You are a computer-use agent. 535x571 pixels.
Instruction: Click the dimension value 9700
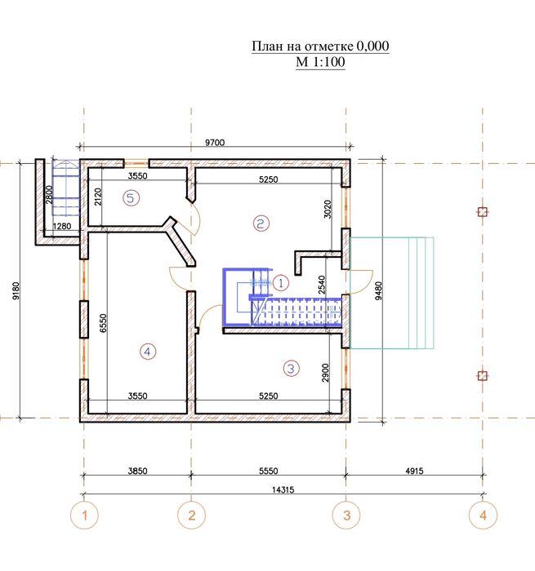tap(215, 143)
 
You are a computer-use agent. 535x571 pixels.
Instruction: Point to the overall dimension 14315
tap(283, 489)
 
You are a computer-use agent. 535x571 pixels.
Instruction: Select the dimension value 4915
tap(414, 471)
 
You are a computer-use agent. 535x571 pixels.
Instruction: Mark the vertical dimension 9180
tap(16, 290)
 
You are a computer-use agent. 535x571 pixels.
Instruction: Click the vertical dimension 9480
tap(379, 290)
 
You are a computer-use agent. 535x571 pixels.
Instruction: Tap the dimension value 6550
tap(103, 323)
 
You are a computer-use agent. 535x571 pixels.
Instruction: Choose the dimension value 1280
tap(62, 226)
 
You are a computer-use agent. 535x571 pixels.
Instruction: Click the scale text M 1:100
tap(320, 62)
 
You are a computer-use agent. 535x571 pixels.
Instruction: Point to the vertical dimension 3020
tap(328, 209)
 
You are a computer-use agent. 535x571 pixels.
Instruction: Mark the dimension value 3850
tap(137, 471)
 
